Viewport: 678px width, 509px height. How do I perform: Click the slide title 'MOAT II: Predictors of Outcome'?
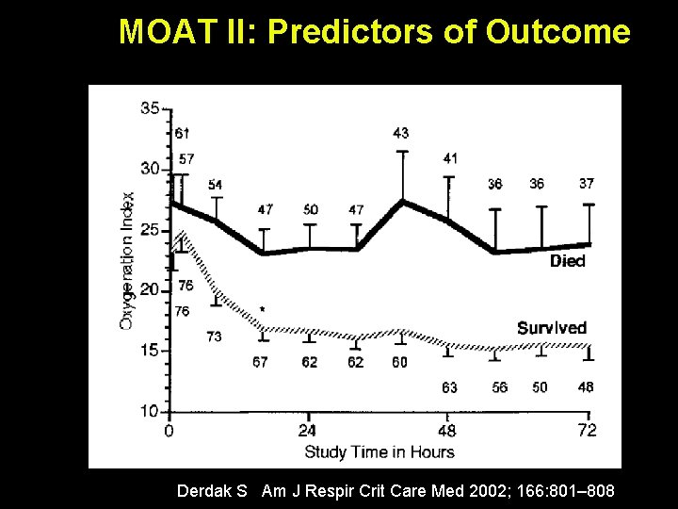pyautogui.click(x=374, y=33)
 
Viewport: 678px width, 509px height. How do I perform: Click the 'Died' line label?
pyautogui.click(x=567, y=261)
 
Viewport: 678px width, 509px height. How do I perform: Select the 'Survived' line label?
pyautogui.click(x=552, y=328)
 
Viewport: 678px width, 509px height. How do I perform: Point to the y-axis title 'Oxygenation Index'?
pyautogui.click(x=128, y=260)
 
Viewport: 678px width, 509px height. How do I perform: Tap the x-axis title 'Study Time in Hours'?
pyautogui.click(x=379, y=452)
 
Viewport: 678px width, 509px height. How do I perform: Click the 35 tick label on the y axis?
pyautogui.click(x=150, y=108)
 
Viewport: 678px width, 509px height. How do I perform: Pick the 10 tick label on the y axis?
pyautogui.click(x=150, y=411)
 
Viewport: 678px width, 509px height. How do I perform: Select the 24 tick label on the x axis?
pyautogui.click(x=308, y=431)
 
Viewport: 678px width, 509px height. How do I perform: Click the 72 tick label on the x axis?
pyautogui.click(x=587, y=431)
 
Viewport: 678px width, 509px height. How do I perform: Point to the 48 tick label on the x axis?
pyautogui.click(x=447, y=431)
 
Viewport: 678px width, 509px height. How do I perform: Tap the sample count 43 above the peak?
pyautogui.click(x=401, y=133)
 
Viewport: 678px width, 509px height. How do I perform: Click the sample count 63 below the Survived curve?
pyautogui.click(x=449, y=387)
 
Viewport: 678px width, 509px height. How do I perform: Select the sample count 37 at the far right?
pyautogui.click(x=587, y=184)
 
